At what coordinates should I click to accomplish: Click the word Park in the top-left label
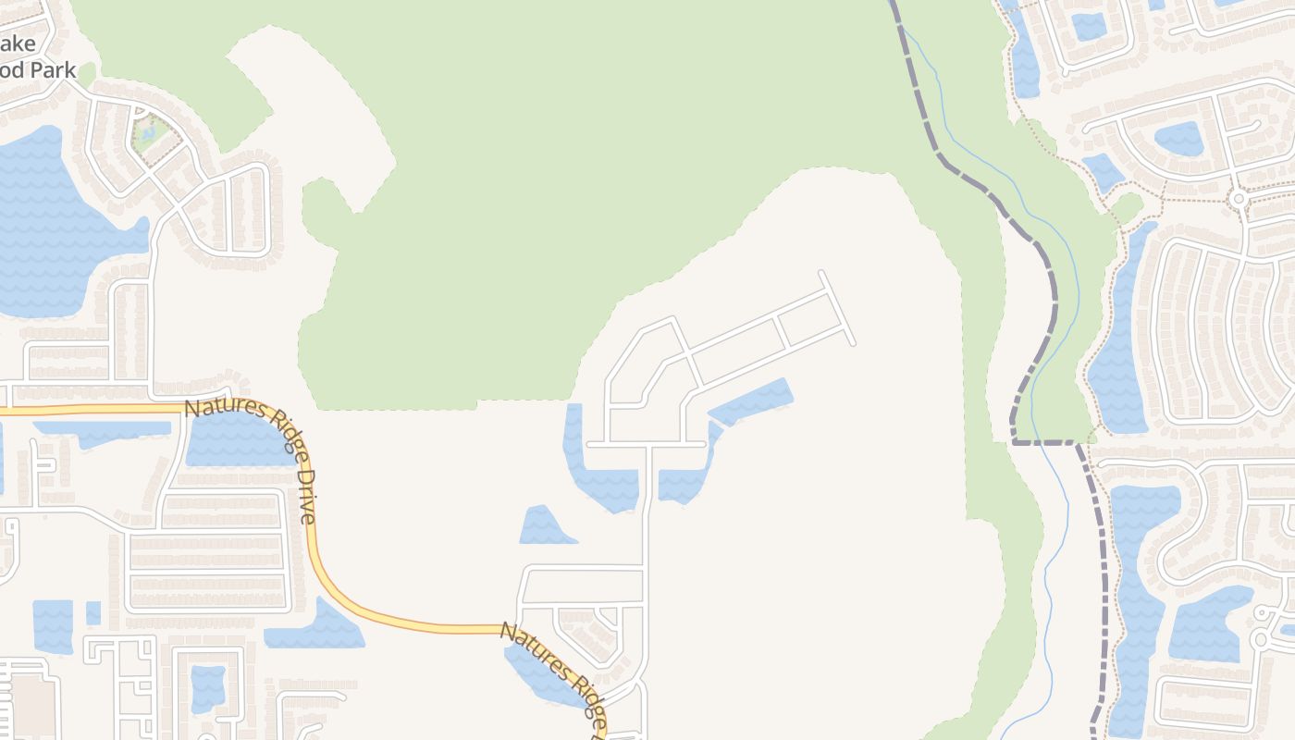pos(51,70)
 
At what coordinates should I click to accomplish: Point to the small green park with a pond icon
pos(148,135)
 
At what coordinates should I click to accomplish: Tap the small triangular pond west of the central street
pos(545,527)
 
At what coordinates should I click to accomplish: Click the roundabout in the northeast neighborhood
pos(1238,198)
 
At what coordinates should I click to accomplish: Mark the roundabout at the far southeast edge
pos(1259,639)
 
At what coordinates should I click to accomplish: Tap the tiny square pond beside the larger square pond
pos(93,612)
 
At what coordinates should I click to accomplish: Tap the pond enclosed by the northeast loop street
pos(1178,139)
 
